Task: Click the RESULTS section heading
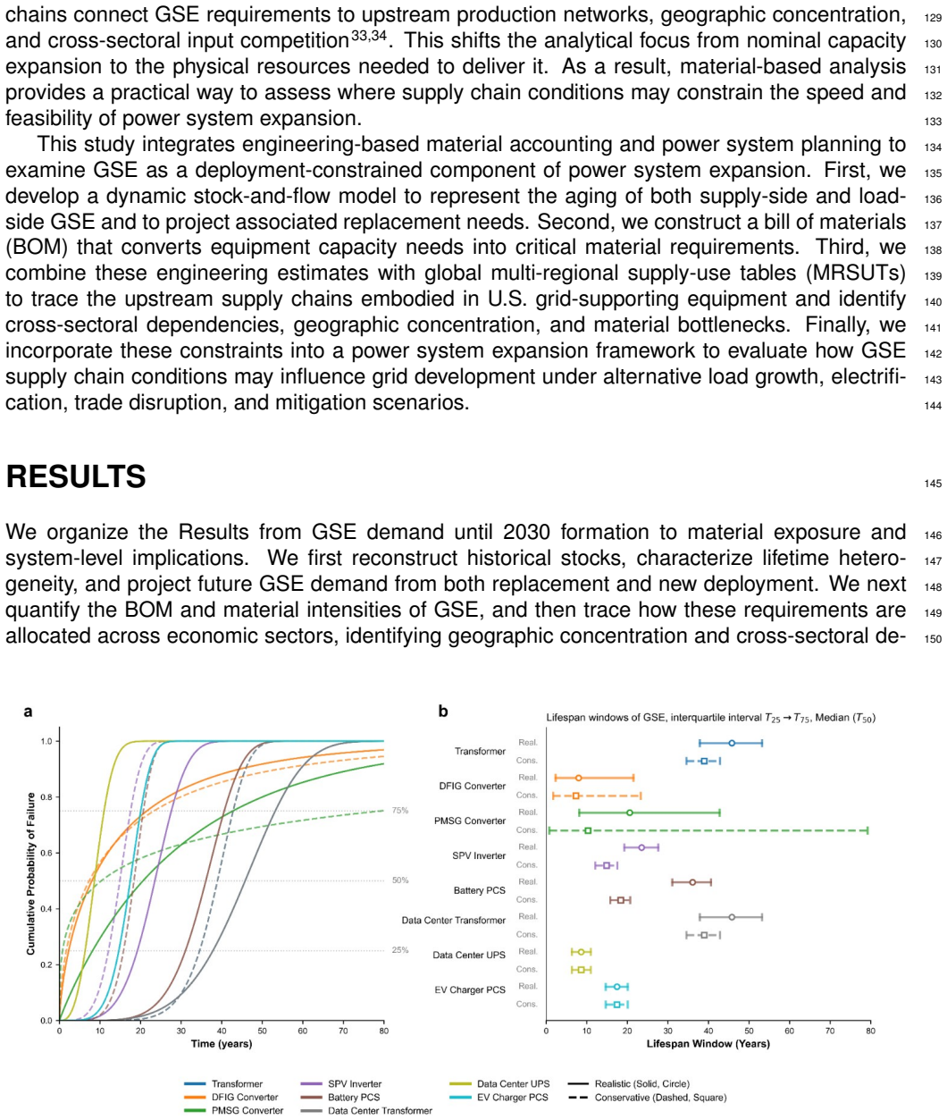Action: tap(76, 476)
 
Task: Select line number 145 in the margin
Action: tap(933, 484)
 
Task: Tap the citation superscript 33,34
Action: tap(369, 36)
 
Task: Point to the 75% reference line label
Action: tap(400, 811)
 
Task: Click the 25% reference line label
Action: tap(400, 950)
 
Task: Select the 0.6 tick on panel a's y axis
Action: tap(46, 853)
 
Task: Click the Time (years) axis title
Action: tap(222, 1044)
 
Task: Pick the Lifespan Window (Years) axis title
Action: tap(708, 1044)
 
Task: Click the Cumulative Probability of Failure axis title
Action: tap(31, 874)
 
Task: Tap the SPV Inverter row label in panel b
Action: tap(479, 855)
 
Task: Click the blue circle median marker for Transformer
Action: tap(732, 743)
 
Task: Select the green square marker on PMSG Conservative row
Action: tap(588, 830)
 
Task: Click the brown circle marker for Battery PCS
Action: tap(692, 882)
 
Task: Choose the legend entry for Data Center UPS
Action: tap(499, 1083)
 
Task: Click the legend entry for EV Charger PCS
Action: tap(499, 1098)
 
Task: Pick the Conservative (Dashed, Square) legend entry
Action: tap(648, 1098)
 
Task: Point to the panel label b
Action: tap(443, 712)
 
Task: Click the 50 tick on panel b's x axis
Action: tap(749, 1031)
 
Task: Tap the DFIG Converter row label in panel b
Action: tap(472, 786)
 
